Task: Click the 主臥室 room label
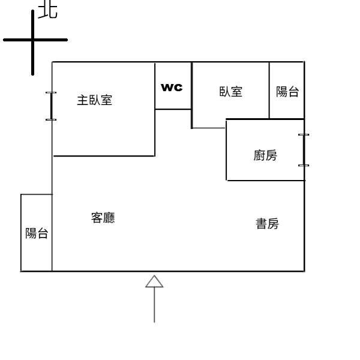click(x=94, y=100)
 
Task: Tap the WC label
click(x=172, y=87)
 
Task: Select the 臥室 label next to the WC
click(x=231, y=92)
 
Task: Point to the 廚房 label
click(x=265, y=156)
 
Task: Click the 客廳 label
click(x=103, y=218)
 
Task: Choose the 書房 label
click(x=267, y=224)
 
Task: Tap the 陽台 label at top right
click(x=287, y=92)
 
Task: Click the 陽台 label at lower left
click(x=37, y=233)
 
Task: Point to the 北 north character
click(x=48, y=10)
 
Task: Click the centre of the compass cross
click(x=32, y=40)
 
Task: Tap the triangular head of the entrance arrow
click(x=154, y=281)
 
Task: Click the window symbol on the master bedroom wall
click(x=51, y=106)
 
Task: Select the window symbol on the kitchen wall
click(x=304, y=150)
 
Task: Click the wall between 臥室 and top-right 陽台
click(x=269, y=90)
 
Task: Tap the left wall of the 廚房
click(x=226, y=150)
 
